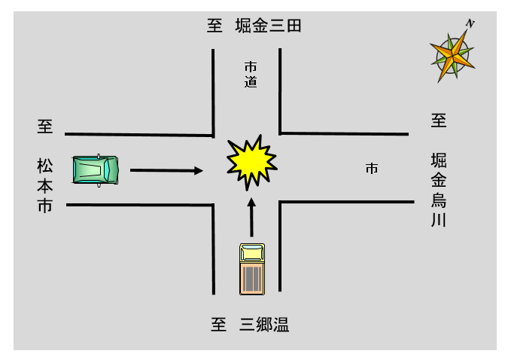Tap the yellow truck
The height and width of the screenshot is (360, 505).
(251, 268)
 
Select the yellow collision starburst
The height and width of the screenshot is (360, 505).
(252, 161)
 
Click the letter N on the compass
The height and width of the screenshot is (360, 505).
(470, 24)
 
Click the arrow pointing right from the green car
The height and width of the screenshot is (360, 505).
(166, 170)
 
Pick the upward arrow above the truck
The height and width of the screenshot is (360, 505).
(251, 218)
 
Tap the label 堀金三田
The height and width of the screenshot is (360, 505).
(268, 26)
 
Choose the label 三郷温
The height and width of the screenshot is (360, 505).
(264, 325)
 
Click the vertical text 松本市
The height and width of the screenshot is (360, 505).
(45, 185)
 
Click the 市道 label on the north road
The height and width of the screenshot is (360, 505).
(251, 74)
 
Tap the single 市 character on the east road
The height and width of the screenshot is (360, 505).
(372, 169)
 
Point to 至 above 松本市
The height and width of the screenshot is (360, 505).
(45, 126)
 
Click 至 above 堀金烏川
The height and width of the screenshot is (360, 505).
(439, 120)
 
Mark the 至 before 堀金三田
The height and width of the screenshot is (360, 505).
(215, 26)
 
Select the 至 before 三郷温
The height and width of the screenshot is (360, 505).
(218, 325)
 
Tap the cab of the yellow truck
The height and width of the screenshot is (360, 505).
(251, 252)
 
